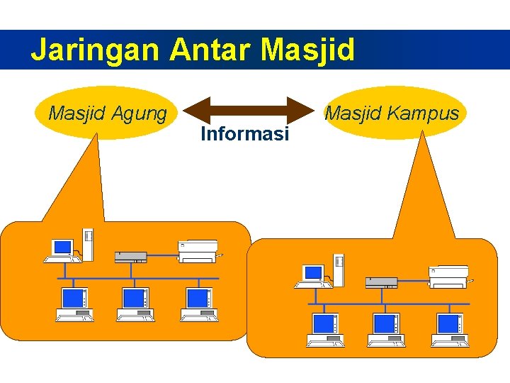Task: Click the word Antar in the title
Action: tap(211, 50)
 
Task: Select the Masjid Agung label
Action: tap(107, 113)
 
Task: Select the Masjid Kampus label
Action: tap(392, 113)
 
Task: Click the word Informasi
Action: tap(244, 133)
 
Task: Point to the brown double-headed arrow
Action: tap(248, 111)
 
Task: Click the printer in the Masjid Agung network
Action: tap(199, 250)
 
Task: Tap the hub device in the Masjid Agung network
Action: tap(131, 257)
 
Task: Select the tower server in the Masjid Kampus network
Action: tap(339, 270)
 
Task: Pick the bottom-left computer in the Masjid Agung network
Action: tap(74, 304)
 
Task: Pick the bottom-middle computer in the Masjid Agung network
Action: tap(135, 304)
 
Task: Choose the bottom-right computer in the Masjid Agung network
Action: tap(198, 304)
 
